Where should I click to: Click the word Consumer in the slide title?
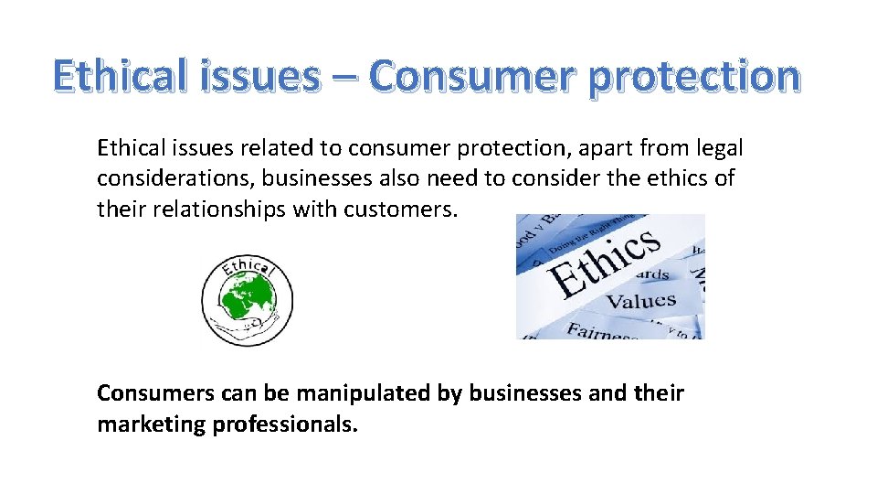[x=472, y=77]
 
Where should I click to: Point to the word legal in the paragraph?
[x=720, y=147]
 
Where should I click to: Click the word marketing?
[x=151, y=424]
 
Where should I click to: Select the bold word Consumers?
[x=153, y=393]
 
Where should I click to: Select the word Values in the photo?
[x=641, y=301]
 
